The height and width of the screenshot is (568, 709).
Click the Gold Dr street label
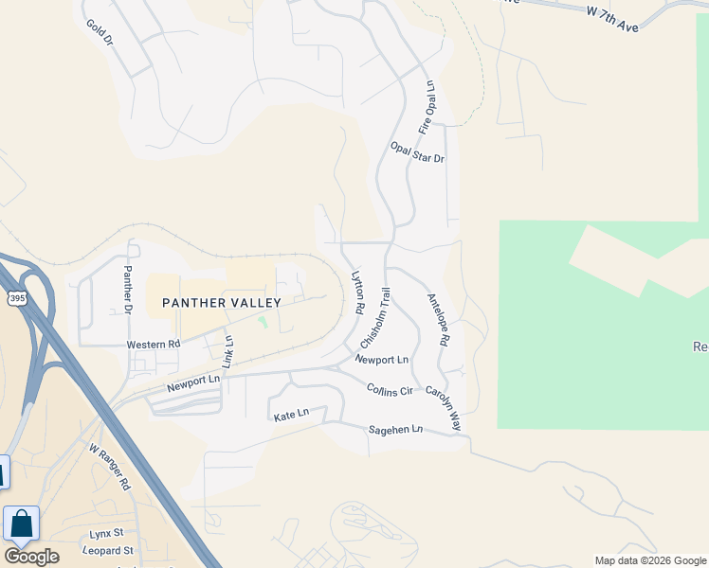click(x=99, y=33)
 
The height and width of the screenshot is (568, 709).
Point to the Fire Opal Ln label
click(x=427, y=107)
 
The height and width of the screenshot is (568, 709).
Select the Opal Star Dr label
click(x=417, y=152)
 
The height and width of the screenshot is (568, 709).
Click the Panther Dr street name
click(x=126, y=289)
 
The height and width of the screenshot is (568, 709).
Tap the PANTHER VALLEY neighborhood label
click(x=222, y=303)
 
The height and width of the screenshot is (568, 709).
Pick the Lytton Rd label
click(x=358, y=294)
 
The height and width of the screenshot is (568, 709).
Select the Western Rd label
click(x=153, y=345)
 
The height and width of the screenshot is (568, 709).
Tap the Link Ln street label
click(x=227, y=351)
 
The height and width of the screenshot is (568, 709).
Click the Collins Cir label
click(x=391, y=390)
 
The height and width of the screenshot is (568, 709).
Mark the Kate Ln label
click(x=291, y=415)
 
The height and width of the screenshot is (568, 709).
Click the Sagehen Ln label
click(x=394, y=430)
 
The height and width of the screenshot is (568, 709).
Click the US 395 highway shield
click(x=16, y=298)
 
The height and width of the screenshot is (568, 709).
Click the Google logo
click(x=31, y=557)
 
